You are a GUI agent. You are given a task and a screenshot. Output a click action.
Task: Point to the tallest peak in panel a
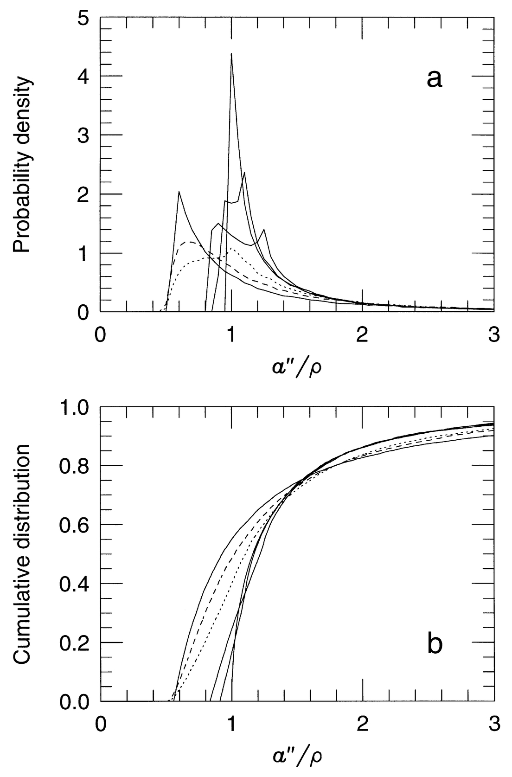point(231,54)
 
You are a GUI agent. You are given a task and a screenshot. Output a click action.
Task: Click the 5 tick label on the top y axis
point(84,17)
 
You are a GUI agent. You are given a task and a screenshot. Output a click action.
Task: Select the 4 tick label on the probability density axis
point(84,76)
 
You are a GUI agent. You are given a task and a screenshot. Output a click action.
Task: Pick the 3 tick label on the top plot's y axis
point(84,135)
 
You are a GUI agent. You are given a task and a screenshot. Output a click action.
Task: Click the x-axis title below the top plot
point(297,367)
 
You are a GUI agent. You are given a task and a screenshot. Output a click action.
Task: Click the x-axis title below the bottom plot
point(297,757)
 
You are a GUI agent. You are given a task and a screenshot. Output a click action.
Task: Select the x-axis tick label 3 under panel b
point(494,724)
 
